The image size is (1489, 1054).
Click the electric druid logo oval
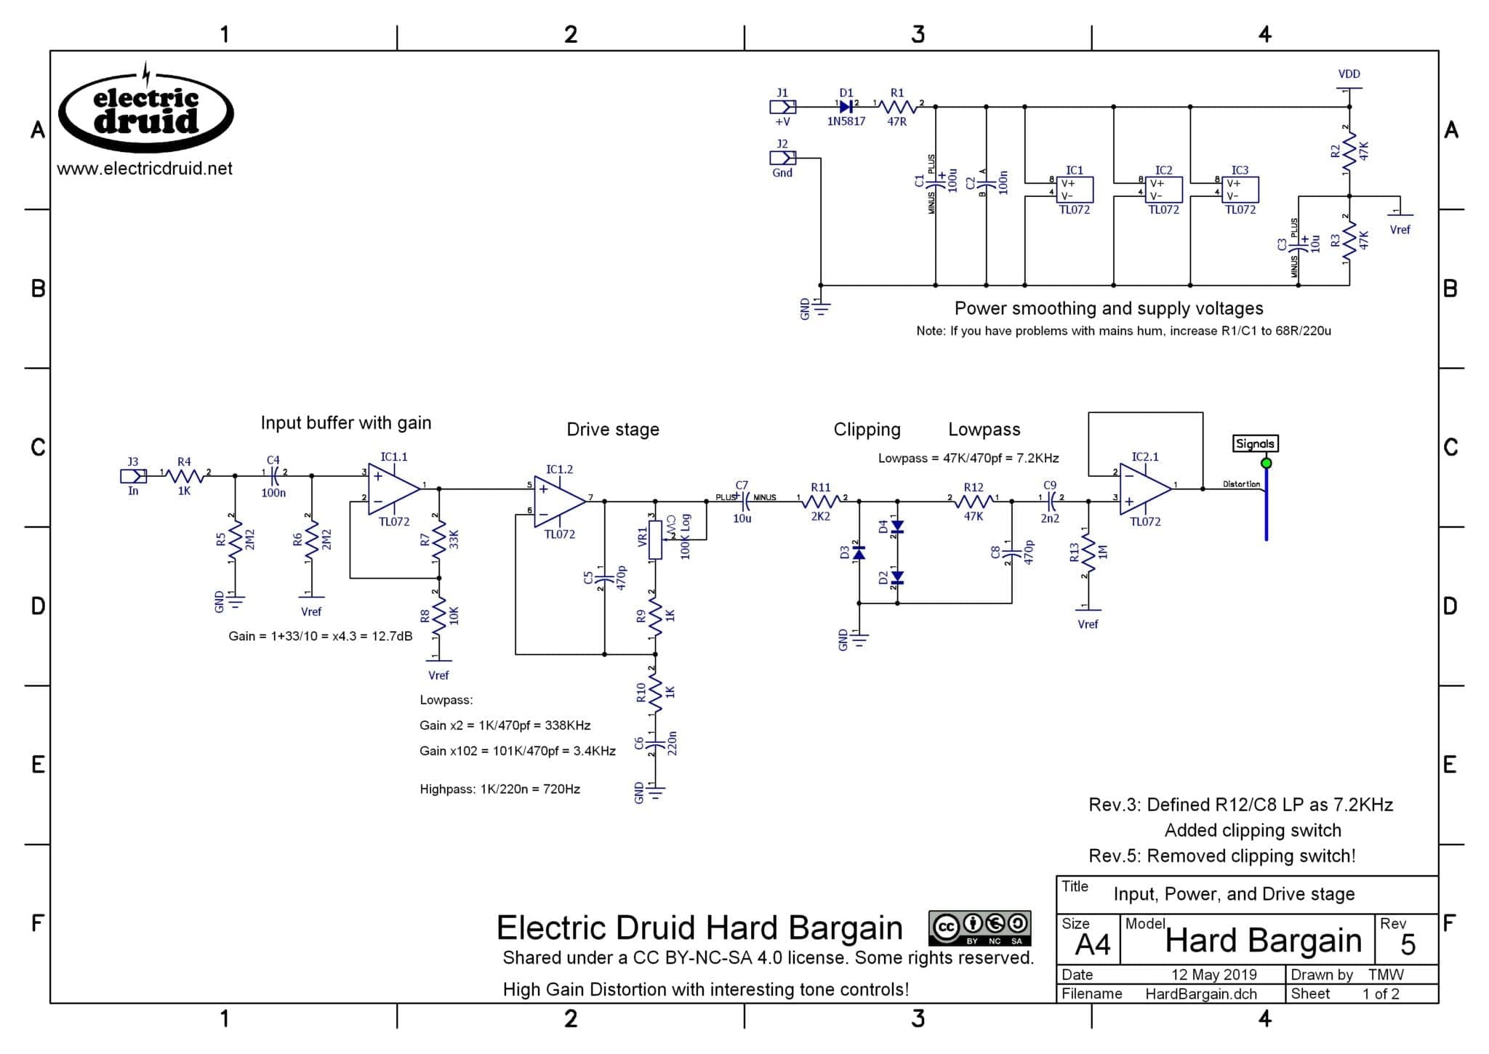[x=146, y=113]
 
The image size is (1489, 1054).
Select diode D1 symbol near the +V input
[x=846, y=107]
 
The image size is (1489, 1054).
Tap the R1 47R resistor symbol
[x=898, y=107]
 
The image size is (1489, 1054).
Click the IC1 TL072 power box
[x=1075, y=190]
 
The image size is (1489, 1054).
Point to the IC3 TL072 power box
[x=1240, y=190]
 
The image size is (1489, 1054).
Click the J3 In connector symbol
[x=132, y=476]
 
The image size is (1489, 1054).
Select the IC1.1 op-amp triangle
[x=393, y=488]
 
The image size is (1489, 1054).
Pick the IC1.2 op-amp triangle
[x=559, y=501]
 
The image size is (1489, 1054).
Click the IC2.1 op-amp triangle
[x=1145, y=488]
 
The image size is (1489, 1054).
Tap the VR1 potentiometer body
[x=655, y=539]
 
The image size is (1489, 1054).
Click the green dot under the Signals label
[x=1267, y=463]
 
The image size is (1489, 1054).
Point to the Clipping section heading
[x=867, y=430]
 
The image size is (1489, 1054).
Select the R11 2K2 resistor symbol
[x=821, y=501]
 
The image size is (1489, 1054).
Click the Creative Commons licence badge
[x=979, y=928]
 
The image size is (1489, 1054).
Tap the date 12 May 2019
[x=1213, y=974]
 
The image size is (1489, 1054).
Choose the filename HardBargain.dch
[x=1200, y=994]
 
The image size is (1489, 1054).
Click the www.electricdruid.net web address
[x=145, y=169]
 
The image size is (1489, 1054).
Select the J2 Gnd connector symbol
[x=782, y=158]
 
